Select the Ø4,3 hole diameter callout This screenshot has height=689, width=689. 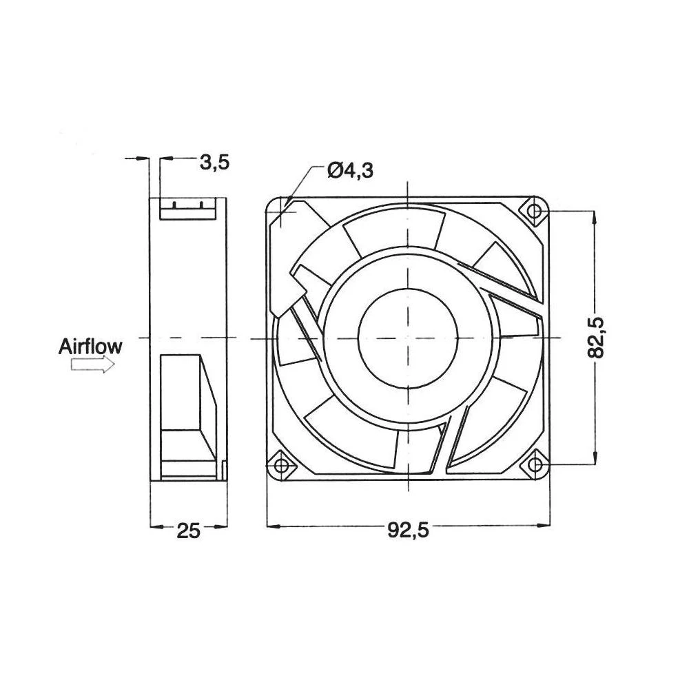[x=351, y=170]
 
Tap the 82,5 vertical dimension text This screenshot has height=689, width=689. [x=597, y=336]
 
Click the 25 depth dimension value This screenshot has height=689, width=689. [x=188, y=531]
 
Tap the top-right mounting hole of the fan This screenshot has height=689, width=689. [x=535, y=210]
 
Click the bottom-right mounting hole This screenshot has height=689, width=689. [x=535, y=465]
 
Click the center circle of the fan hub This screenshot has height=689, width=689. [x=408, y=338]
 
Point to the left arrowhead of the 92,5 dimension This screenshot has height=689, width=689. [x=271, y=527]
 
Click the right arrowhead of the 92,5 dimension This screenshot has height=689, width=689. [x=545, y=527]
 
